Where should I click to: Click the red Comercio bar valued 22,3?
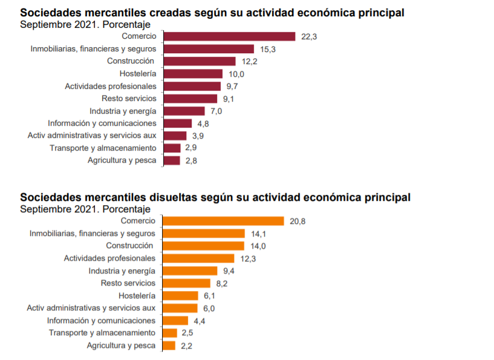coord(229,37)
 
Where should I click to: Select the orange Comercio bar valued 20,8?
coord(223,221)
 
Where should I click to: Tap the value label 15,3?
coord(268,49)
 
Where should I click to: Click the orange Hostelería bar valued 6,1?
coord(180,296)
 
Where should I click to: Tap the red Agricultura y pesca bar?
coord(171,160)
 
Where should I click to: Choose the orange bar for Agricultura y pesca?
coord(169,345)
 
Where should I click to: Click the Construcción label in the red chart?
coord(130,61)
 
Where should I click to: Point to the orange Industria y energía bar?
coord(190,271)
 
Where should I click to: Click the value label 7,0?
coord(216,111)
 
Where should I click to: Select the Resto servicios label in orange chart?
coord(128,283)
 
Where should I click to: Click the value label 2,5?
coord(187,333)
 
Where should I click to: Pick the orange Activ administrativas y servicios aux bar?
coord(180,308)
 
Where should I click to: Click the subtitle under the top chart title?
coord(85,24)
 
